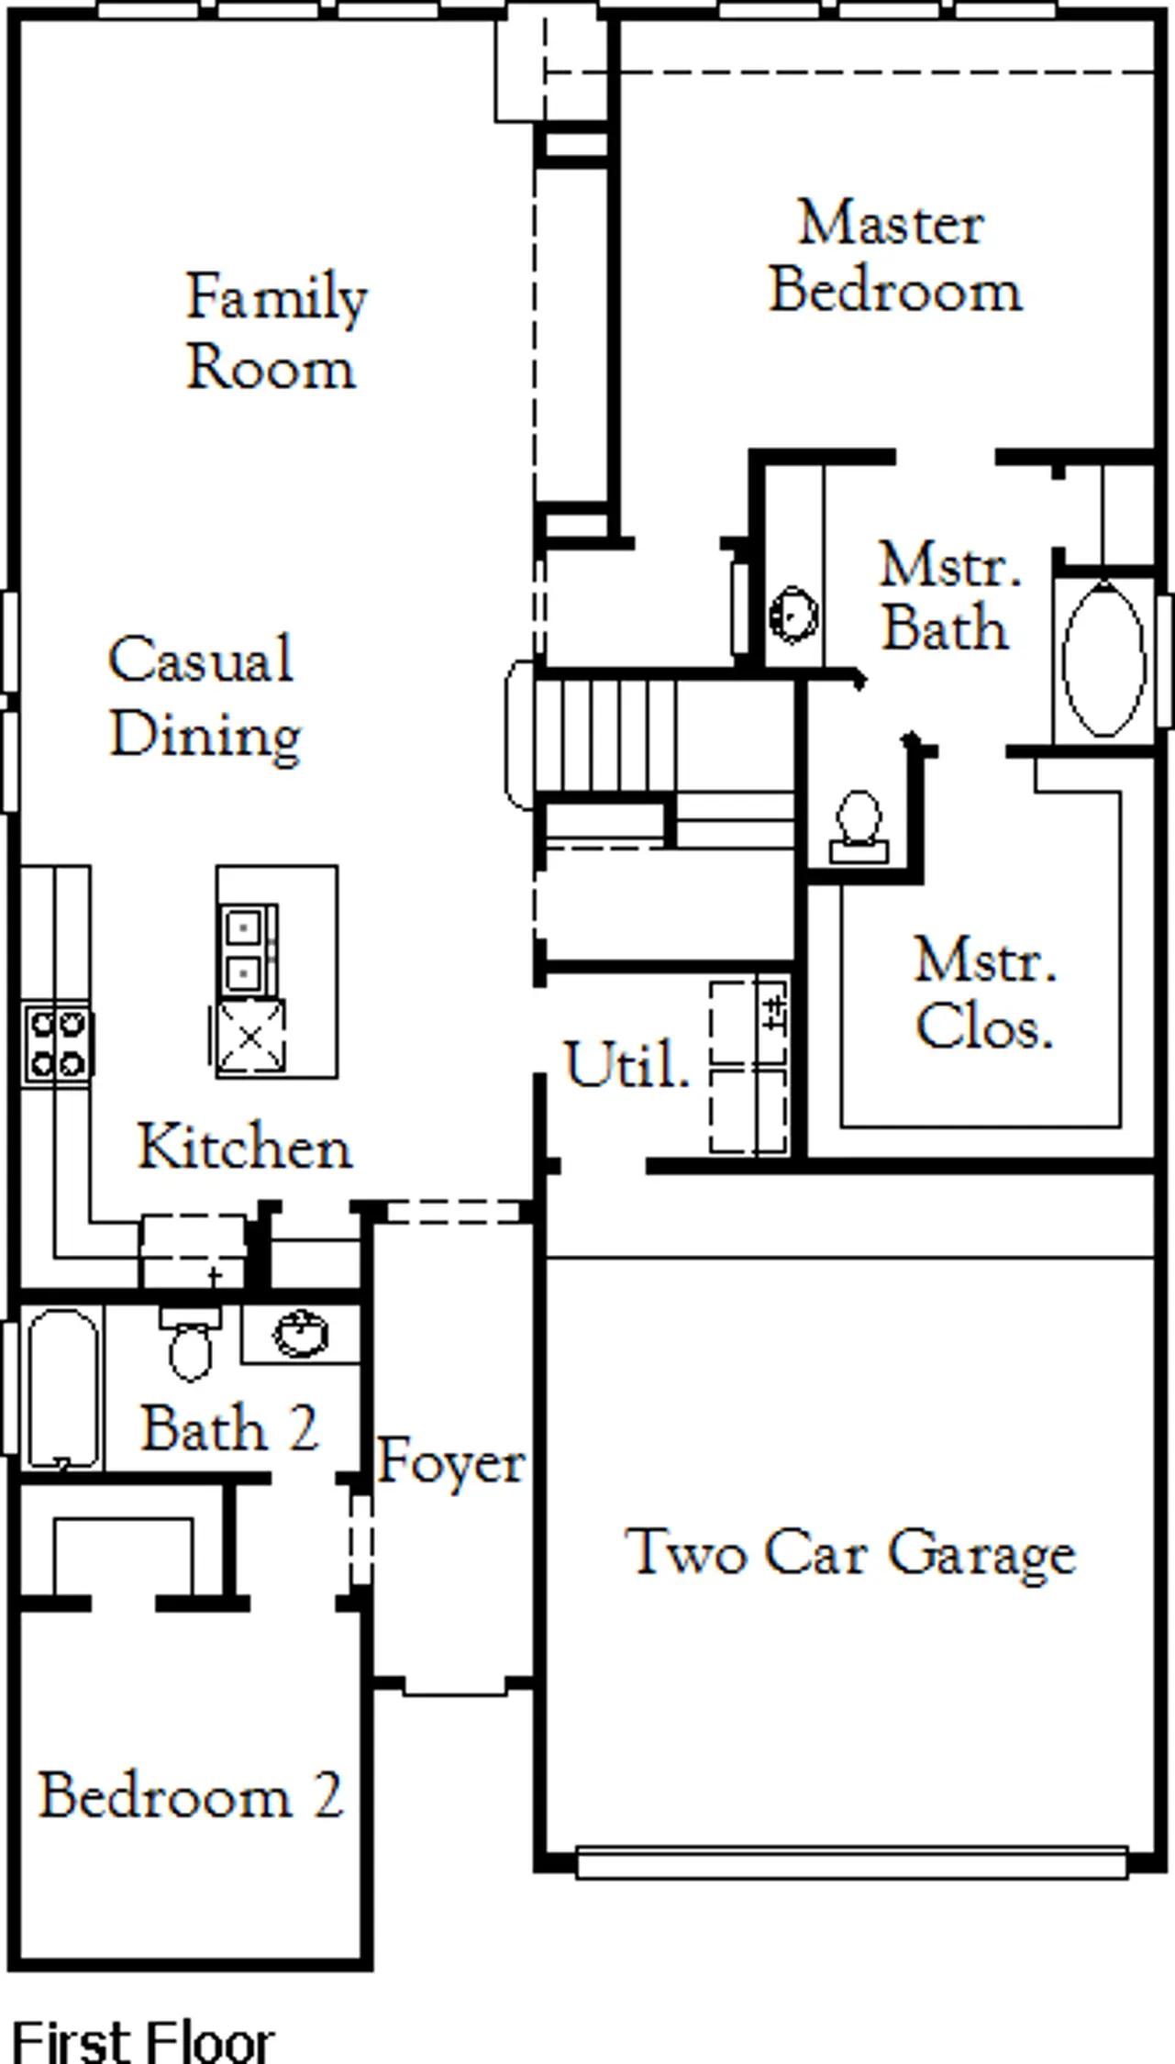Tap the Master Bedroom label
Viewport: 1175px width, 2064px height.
895,257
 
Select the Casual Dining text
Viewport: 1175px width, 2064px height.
204,697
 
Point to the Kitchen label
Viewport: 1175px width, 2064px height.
245,1147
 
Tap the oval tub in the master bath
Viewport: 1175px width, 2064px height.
1103,660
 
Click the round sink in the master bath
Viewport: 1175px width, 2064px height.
793,614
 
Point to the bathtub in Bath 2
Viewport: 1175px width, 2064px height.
62,1389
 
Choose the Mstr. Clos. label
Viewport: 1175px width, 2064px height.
985,993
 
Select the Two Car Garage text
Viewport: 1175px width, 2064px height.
850,1553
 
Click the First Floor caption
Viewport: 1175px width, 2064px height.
143,2040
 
